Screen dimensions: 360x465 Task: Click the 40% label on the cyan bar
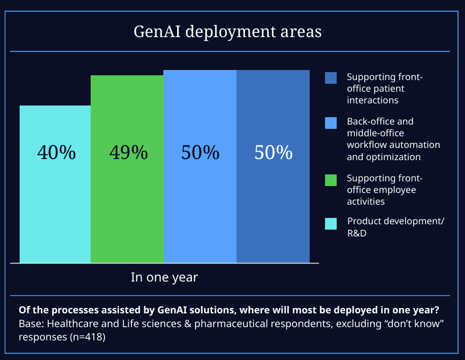(x=56, y=153)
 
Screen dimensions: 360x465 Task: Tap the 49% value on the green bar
(x=128, y=153)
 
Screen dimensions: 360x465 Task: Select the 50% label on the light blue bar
(x=200, y=153)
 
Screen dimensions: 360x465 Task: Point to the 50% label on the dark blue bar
(x=274, y=153)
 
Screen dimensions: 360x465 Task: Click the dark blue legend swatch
(x=331, y=78)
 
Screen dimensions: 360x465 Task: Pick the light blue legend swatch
(x=331, y=123)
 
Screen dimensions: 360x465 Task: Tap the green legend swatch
(x=331, y=180)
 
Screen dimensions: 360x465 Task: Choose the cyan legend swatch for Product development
(x=331, y=224)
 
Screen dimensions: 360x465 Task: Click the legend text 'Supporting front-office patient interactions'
(x=385, y=88)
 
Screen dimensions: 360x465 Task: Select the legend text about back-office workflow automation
(x=393, y=139)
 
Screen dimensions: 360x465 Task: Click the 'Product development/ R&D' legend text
(x=396, y=226)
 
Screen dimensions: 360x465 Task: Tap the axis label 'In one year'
(x=164, y=277)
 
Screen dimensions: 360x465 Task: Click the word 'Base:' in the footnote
(x=30, y=323)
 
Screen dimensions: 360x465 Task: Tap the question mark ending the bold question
(x=442, y=310)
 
